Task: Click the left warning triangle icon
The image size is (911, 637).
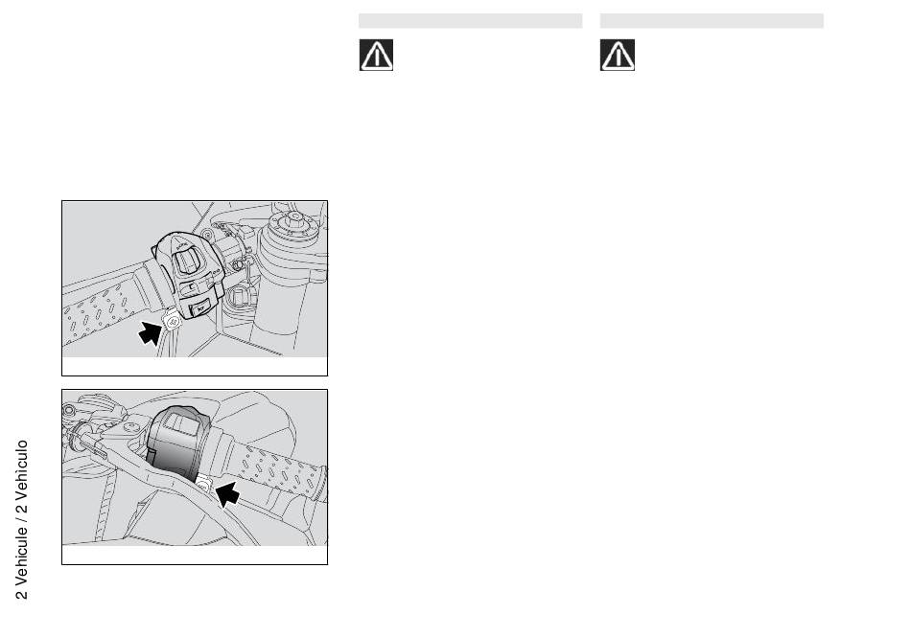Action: [376, 56]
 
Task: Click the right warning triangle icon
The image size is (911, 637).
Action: [617, 56]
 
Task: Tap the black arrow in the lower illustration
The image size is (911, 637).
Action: [227, 493]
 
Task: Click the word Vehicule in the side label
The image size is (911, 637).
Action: [21, 556]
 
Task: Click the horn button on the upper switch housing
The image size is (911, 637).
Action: [199, 307]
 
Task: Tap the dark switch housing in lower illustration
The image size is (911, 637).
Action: [177, 443]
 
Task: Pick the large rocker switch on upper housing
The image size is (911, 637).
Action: [185, 260]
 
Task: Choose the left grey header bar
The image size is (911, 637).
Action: [470, 21]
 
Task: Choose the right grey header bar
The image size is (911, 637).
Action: [712, 21]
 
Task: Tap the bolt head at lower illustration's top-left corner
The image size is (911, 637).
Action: [68, 410]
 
